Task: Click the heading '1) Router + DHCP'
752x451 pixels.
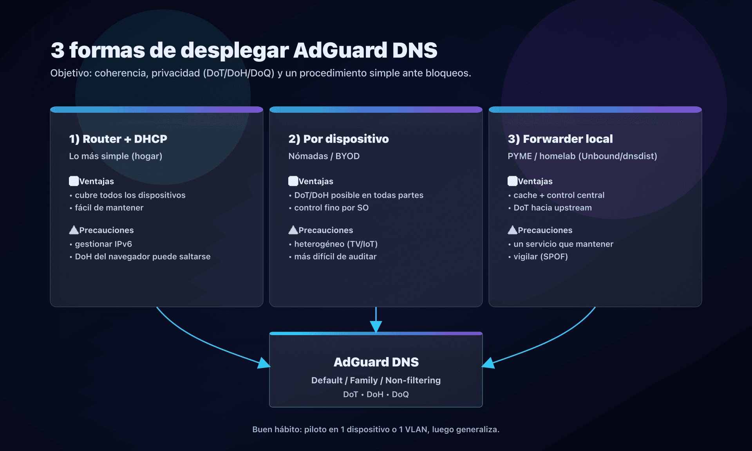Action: pyautogui.click(x=118, y=139)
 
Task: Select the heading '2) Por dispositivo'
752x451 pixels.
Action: pyautogui.click(x=338, y=139)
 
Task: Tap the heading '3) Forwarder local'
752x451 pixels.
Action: pyautogui.click(x=560, y=139)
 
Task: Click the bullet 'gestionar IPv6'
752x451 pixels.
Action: pyautogui.click(x=103, y=244)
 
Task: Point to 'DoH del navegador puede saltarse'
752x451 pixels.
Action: pyautogui.click(x=143, y=256)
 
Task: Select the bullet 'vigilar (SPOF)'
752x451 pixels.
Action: pyautogui.click(x=540, y=256)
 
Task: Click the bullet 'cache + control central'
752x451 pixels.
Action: pyautogui.click(x=559, y=195)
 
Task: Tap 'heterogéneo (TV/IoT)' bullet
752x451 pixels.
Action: pyautogui.click(x=336, y=244)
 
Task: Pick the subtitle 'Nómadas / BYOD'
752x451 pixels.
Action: pyautogui.click(x=324, y=156)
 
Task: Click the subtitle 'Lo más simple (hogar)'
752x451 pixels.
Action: pyautogui.click(x=116, y=156)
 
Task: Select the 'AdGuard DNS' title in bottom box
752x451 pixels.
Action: pyautogui.click(x=376, y=362)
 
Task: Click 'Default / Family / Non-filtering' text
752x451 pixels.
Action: pyautogui.click(x=376, y=380)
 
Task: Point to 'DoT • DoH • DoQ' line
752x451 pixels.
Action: pyautogui.click(x=376, y=394)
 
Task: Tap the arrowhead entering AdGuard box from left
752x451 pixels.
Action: pyautogui.click(x=264, y=363)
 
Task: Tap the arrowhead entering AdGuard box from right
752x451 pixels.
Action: pyautogui.click(x=488, y=363)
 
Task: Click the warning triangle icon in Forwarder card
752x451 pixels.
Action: pyautogui.click(x=512, y=230)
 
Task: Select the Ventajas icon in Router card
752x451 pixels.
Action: pyautogui.click(x=74, y=181)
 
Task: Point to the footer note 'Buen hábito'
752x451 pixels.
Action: pyautogui.click(x=376, y=429)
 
